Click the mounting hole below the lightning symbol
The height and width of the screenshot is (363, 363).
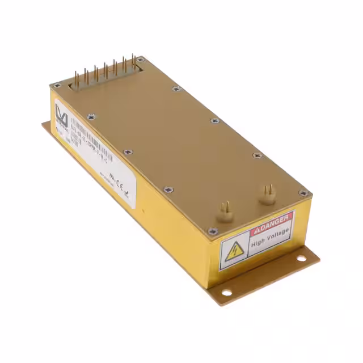click(226, 293)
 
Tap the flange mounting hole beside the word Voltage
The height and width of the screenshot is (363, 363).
click(300, 259)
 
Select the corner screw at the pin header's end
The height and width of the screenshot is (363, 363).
click(141, 58)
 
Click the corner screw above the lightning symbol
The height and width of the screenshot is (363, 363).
click(213, 231)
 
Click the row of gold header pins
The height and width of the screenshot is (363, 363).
click(105, 69)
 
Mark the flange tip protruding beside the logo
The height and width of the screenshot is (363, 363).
click(45, 126)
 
